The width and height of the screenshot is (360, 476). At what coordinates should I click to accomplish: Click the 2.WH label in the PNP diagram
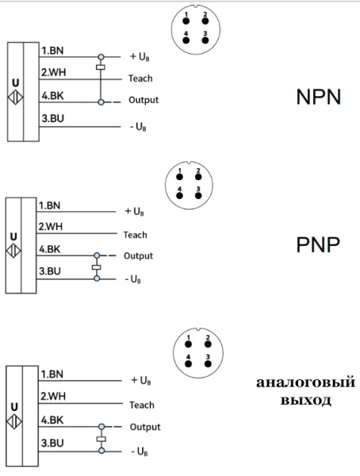51,226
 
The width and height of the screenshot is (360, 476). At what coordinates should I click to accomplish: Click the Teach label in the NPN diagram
140,79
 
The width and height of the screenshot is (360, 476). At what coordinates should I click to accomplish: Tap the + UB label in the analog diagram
141,380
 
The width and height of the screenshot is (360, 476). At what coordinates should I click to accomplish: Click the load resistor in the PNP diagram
97,267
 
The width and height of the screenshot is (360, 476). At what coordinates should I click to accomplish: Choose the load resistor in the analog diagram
101,438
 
